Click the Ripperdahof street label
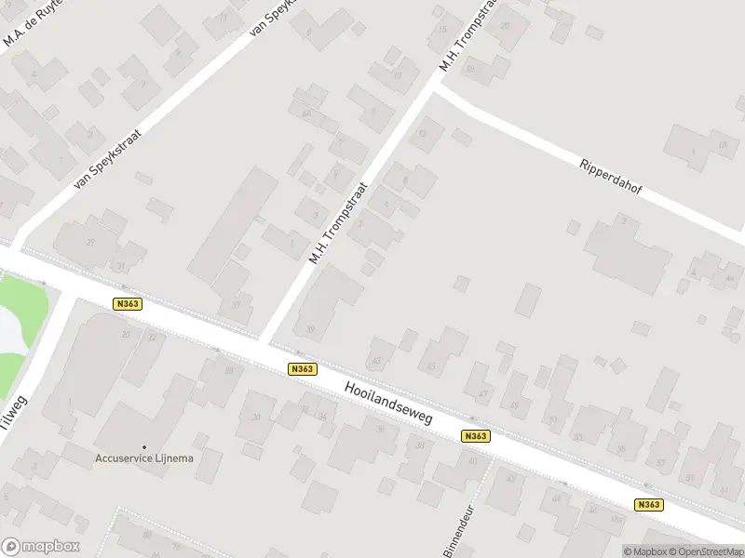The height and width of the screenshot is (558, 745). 612,179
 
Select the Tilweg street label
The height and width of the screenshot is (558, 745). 16,414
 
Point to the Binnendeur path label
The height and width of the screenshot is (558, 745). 460,530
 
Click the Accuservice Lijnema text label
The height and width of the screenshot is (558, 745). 143,458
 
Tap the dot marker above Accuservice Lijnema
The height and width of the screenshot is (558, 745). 143,446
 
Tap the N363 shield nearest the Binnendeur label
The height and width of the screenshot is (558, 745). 475,436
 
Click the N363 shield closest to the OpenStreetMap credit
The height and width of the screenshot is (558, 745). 649,505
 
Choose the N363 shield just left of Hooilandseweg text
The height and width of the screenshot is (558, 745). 301,369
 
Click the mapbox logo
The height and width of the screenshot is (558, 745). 41,547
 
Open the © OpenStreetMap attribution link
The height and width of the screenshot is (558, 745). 707,550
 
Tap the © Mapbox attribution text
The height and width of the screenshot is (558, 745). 646,550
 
